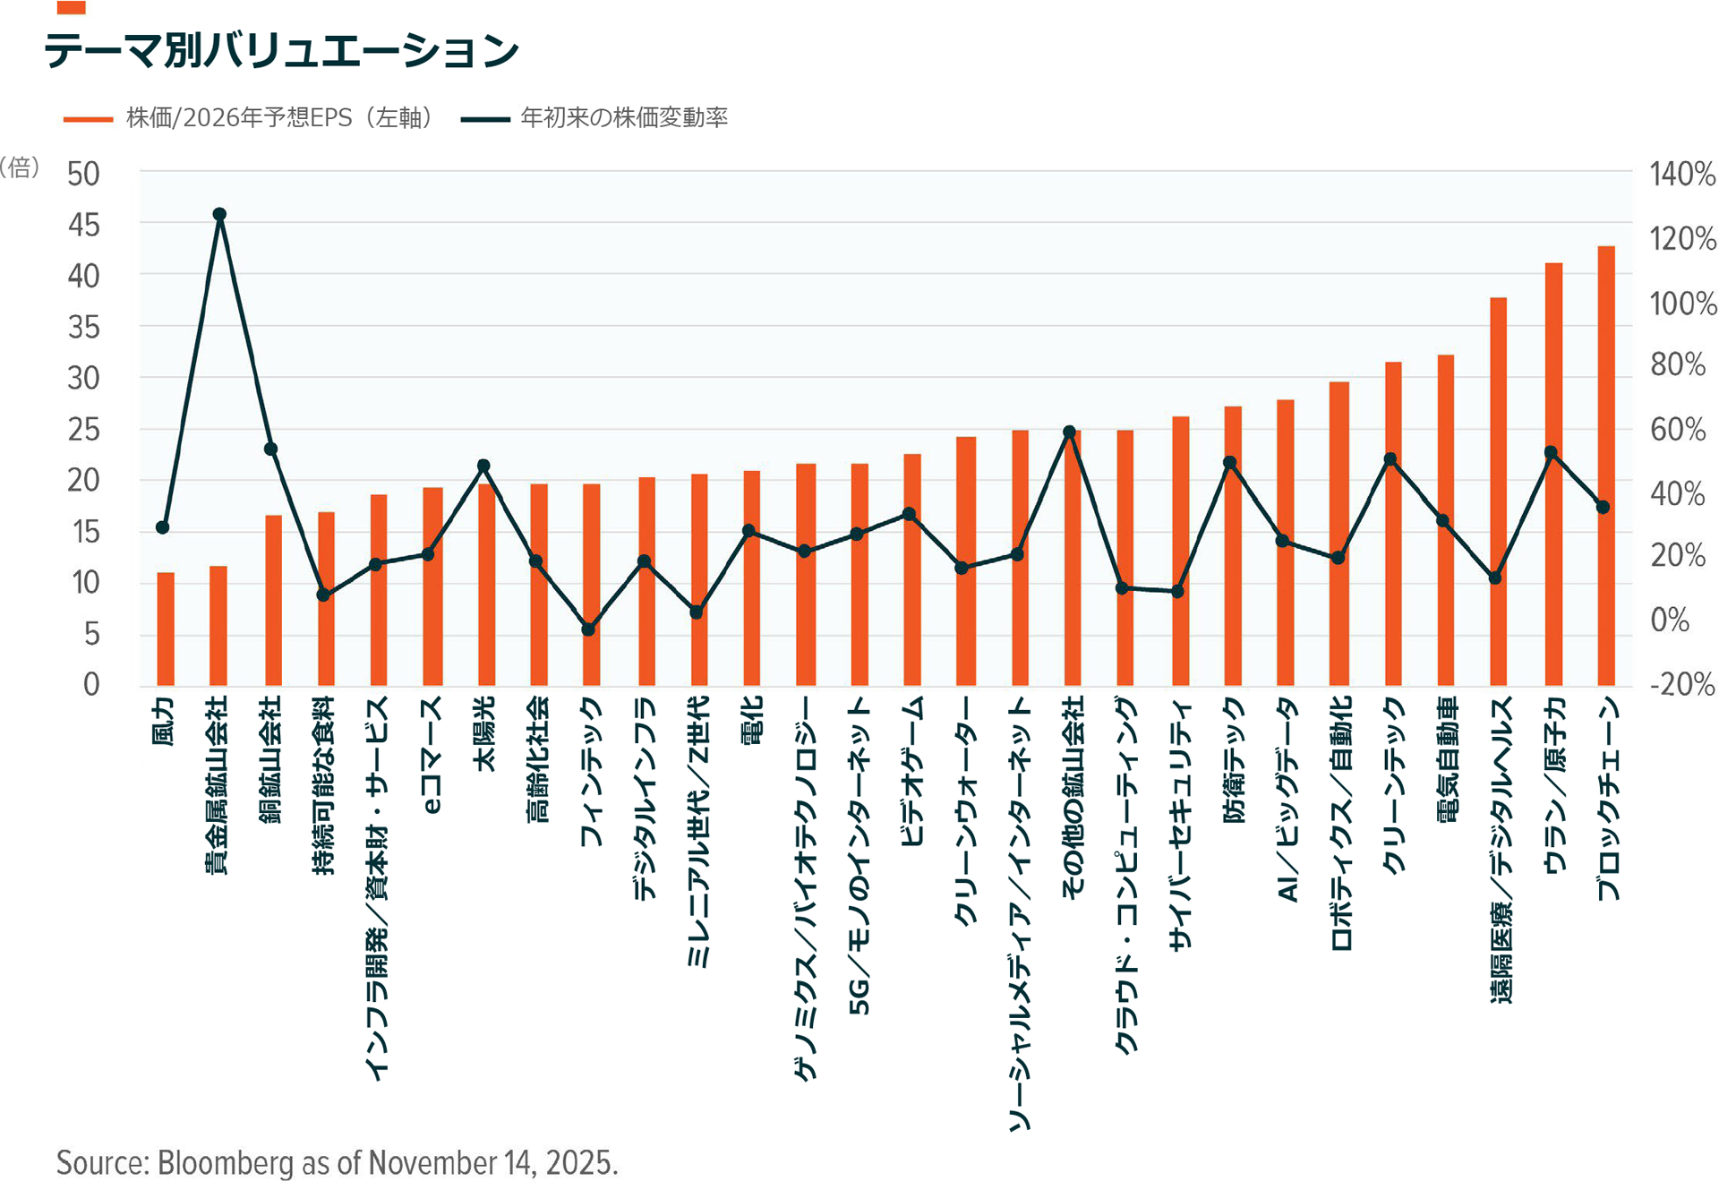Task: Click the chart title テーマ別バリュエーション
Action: pyautogui.click(x=281, y=50)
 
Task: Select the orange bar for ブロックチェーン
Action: pyautogui.click(x=1606, y=466)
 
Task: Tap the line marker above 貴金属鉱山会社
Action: pyautogui.click(x=219, y=215)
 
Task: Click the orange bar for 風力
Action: pyautogui.click(x=166, y=629)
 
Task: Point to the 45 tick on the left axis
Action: pyautogui.click(x=84, y=225)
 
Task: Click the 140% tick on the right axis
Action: pyautogui.click(x=1682, y=174)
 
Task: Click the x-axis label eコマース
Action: pyautogui.click(x=432, y=755)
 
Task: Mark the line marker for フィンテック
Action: pyautogui.click(x=588, y=629)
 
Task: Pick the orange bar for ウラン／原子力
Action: pyautogui.click(x=1553, y=475)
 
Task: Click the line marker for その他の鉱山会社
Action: pyautogui.click(x=1069, y=432)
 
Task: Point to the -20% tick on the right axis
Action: pyautogui.click(x=1682, y=685)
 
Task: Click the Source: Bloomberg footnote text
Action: pyautogui.click(x=337, y=1162)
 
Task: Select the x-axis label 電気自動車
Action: pyautogui.click(x=1447, y=759)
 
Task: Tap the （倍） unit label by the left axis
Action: pyautogui.click(x=20, y=167)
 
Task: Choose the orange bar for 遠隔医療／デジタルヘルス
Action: pyautogui.click(x=1499, y=492)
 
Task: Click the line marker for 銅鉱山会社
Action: pyautogui.click(x=271, y=449)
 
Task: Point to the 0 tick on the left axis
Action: pyautogui.click(x=91, y=685)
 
